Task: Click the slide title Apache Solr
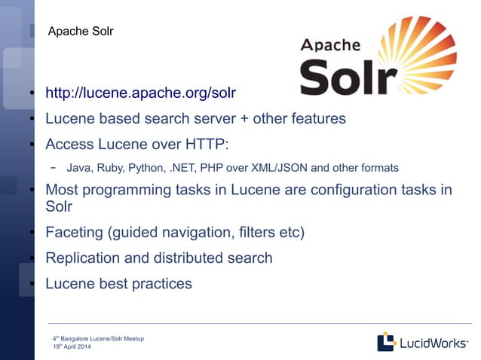tap(80, 32)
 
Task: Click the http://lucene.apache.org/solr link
tap(140, 93)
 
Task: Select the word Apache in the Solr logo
tap(330, 45)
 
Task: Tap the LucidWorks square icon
tap(387, 342)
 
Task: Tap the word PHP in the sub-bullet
tap(210, 167)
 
